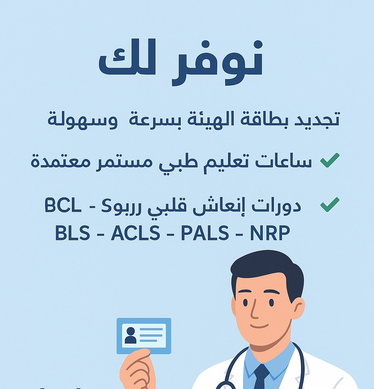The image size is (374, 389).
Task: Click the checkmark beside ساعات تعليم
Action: click(330, 161)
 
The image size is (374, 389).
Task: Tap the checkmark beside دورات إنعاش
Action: click(330, 204)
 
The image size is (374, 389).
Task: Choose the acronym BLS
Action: click(72, 233)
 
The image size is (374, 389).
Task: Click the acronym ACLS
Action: click(135, 233)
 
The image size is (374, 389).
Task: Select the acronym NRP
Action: click(270, 233)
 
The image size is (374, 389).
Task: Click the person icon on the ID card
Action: click(130, 335)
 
